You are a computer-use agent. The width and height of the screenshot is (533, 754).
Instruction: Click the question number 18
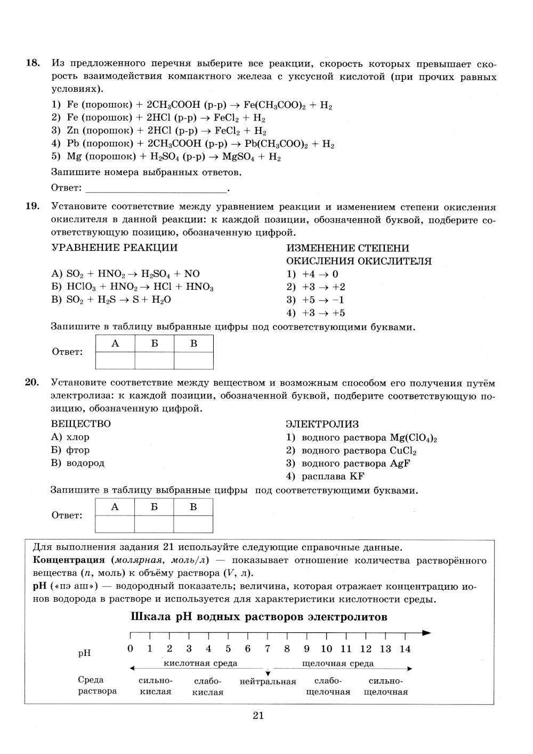33,64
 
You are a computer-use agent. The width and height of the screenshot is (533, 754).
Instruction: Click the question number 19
33,207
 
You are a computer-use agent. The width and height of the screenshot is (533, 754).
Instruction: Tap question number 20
33,383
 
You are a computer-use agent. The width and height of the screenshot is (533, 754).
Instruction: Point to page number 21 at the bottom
259,716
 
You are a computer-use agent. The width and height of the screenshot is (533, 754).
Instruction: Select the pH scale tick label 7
268,649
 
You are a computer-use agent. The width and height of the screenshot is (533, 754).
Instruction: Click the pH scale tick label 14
405,649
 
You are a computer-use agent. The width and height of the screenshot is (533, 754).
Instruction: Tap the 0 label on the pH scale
131,649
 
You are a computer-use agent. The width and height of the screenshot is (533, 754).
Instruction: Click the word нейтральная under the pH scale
268,681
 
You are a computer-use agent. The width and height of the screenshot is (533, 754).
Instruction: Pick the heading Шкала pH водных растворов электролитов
259,617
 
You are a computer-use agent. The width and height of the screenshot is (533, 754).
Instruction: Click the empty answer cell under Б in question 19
154,361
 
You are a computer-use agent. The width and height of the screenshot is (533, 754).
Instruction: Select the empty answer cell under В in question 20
193,524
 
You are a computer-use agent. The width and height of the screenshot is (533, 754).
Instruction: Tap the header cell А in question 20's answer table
115,507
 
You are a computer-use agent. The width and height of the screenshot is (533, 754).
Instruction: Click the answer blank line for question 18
156,188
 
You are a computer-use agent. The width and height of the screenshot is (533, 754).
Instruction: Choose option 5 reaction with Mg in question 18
166,157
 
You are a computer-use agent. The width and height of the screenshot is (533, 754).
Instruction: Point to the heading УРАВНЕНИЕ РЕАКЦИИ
114,248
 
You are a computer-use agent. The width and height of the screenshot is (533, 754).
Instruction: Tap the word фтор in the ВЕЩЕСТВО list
77,450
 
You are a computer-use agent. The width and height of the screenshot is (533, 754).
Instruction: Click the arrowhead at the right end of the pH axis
426,633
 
